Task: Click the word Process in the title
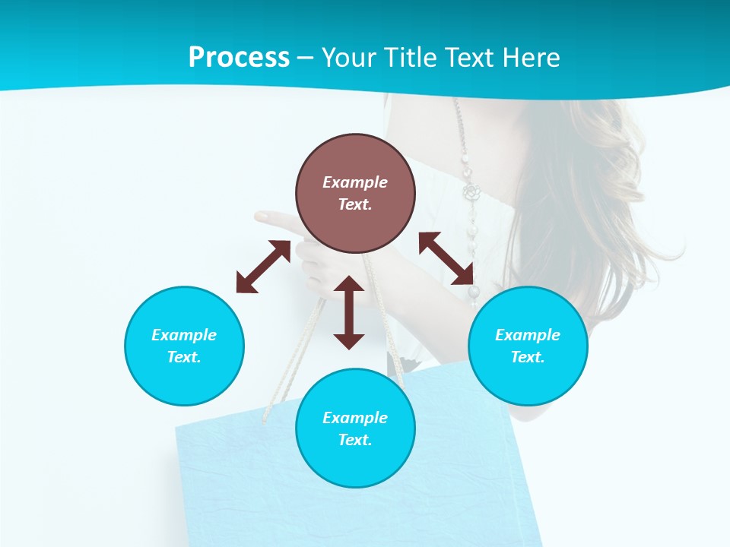pyautogui.click(x=239, y=58)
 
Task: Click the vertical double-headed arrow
pyautogui.click(x=349, y=312)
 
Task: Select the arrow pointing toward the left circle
pyautogui.click(x=263, y=267)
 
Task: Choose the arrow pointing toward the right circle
pyautogui.click(x=446, y=258)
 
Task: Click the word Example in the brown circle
pyautogui.click(x=355, y=182)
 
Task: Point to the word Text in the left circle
pyautogui.click(x=184, y=357)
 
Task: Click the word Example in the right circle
pyautogui.click(x=528, y=335)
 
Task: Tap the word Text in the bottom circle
pyautogui.click(x=355, y=440)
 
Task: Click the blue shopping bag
pyautogui.click(x=243, y=486)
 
